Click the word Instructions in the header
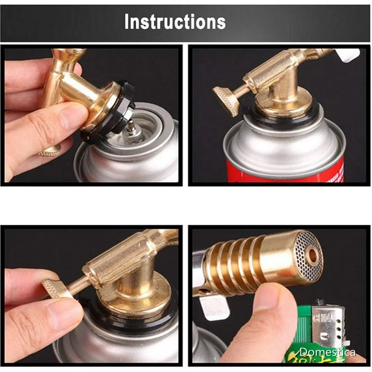pyautogui.click(x=175, y=22)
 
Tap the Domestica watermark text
pyautogui.click(x=327, y=352)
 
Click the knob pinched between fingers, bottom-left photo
pyautogui.click(x=56, y=288)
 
